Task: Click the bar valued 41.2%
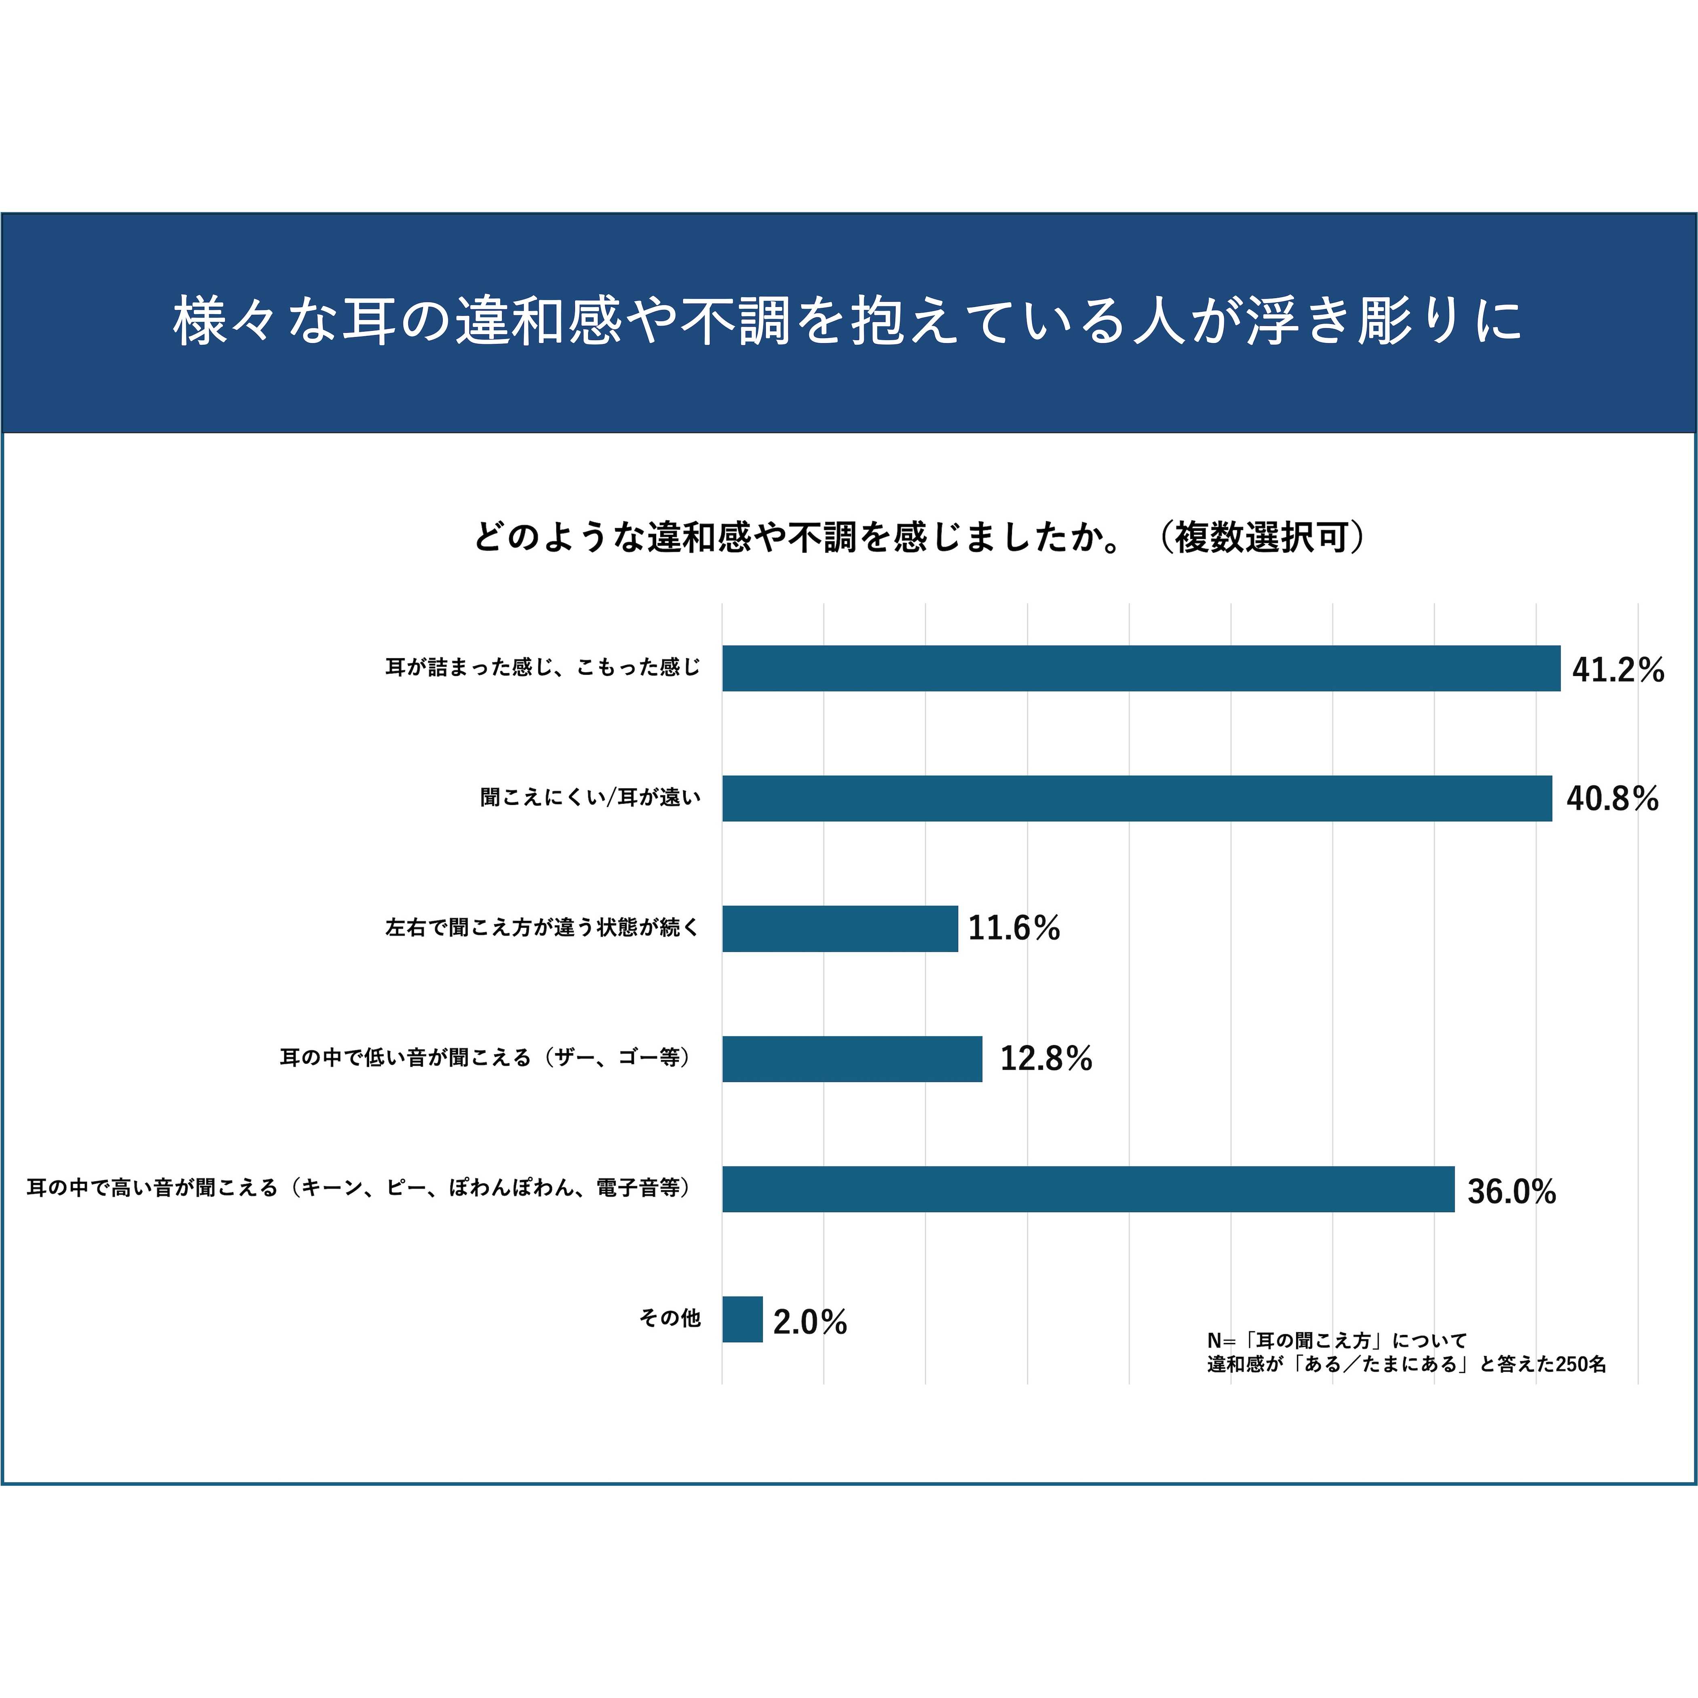pyautogui.click(x=1141, y=669)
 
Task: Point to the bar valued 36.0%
pyautogui.click(x=1088, y=1189)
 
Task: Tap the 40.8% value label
pyautogui.click(x=1612, y=799)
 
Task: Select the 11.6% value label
pyautogui.click(x=1014, y=929)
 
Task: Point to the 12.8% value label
pyautogui.click(x=1046, y=1059)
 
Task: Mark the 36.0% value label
pyautogui.click(x=1512, y=1192)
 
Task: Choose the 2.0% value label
pyautogui.click(x=809, y=1322)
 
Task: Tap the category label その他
pyautogui.click(x=670, y=1318)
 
